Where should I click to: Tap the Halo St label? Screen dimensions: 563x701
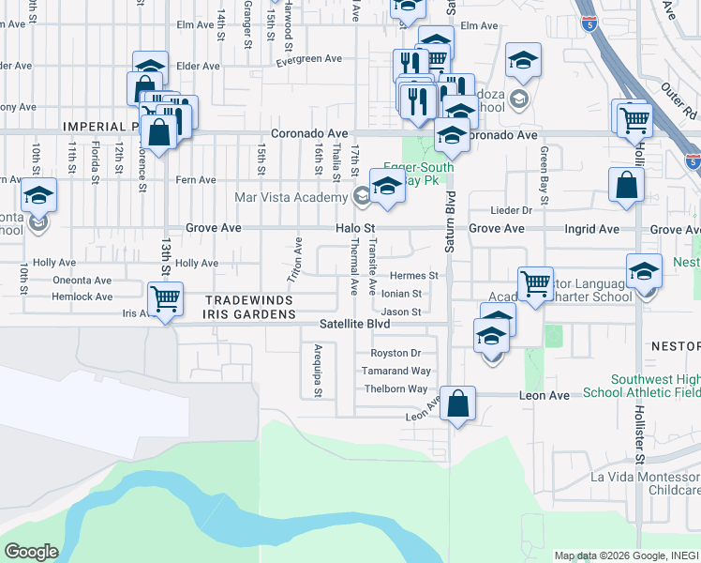[356, 228]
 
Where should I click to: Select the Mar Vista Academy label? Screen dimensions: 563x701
[291, 197]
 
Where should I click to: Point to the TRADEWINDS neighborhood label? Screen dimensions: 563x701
[249, 300]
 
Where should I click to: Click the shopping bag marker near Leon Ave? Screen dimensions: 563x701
[457, 405]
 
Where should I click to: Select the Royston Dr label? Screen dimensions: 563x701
[395, 354]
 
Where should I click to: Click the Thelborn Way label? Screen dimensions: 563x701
[395, 388]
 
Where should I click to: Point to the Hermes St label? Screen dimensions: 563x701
[414, 276]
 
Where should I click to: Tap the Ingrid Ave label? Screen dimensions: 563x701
[592, 228]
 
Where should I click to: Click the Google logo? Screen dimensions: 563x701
[32, 552]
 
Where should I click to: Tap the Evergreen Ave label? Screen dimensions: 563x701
[308, 59]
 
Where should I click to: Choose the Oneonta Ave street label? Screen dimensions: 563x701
[82, 280]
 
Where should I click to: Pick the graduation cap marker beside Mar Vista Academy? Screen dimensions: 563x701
[388, 186]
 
